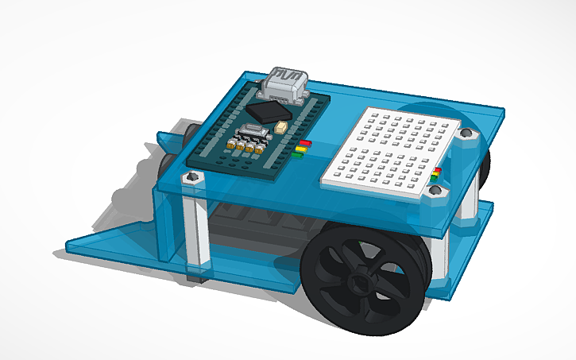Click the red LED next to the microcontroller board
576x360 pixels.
click(303, 145)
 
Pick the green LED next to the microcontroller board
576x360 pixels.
click(298, 155)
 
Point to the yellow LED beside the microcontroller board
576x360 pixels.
click(300, 149)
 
